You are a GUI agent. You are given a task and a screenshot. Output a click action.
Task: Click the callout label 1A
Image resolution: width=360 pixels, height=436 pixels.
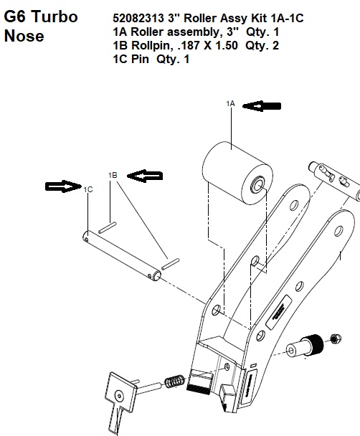click(230, 104)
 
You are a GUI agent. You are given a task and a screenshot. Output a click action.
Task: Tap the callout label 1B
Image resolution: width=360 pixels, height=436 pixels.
click(113, 175)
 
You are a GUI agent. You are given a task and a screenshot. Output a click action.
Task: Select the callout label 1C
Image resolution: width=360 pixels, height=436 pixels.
click(88, 189)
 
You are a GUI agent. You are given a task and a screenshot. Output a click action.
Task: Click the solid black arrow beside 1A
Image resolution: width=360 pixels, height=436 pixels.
click(262, 106)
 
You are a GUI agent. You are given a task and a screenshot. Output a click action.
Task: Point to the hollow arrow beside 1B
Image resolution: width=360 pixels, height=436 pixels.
click(145, 176)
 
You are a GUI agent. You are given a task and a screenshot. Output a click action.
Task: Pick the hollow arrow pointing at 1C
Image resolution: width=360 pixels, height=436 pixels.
click(63, 186)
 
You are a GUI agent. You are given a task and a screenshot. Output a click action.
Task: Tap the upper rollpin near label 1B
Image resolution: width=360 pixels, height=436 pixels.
click(108, 227)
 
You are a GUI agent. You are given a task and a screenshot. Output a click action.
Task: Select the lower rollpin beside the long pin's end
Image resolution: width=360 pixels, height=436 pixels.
click(171, 264)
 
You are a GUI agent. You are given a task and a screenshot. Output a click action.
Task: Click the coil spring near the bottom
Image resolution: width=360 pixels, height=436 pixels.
click(174, 381)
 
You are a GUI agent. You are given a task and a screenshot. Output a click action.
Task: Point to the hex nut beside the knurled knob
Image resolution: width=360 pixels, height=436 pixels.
click(336, 338)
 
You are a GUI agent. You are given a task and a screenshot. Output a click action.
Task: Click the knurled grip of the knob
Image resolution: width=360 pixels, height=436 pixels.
click(315, 344)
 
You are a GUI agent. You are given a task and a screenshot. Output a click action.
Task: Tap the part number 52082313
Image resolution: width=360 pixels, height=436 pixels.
click(138, 19)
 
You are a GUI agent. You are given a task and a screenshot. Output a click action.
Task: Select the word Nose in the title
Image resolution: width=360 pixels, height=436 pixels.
click(24, 36)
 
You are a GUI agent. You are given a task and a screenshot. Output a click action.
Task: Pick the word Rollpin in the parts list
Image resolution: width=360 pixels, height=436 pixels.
click(151, 45)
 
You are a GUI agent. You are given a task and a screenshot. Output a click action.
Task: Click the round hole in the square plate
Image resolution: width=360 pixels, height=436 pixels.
click(120, 395)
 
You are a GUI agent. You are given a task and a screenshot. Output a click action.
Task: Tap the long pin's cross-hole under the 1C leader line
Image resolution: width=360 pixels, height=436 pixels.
click(87, 239)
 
